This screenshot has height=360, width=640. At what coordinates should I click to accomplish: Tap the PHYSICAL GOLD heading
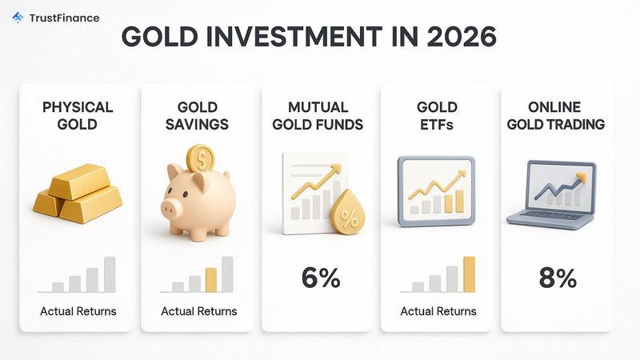(78, 115)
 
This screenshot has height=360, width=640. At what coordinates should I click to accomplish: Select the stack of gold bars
(78, 194)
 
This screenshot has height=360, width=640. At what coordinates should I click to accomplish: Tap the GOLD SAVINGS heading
(198, 115)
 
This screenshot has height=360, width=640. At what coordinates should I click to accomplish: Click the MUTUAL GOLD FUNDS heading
(319, 115)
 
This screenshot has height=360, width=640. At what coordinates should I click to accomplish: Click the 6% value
(321, 278)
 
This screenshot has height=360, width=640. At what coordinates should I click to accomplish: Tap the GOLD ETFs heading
(438, 115)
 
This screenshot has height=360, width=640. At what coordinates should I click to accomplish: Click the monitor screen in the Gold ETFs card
(436, 189)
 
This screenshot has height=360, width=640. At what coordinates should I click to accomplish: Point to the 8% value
(557, 278)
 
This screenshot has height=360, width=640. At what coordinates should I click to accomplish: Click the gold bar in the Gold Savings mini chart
(211, 279)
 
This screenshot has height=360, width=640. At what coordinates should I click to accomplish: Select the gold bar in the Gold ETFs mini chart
(469, 274)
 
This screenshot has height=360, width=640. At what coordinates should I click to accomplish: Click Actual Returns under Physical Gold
(78, 311)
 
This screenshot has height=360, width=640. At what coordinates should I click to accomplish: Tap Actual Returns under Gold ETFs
(438, 311)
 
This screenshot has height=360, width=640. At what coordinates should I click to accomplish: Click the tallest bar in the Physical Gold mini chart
(110, 274)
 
